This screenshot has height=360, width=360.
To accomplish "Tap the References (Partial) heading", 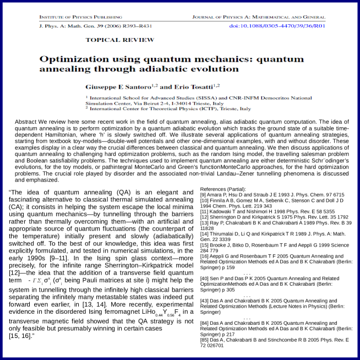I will (223, 188).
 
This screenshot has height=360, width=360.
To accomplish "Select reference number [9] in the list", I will (203, 194).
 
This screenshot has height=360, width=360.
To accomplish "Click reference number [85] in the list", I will (205, 340).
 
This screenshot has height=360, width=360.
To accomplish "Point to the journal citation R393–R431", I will (111, 26).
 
